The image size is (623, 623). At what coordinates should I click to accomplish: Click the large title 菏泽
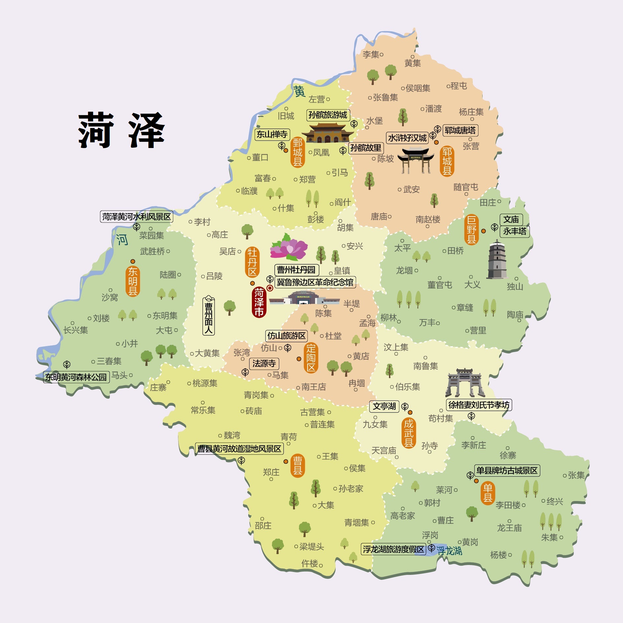tap(121, 130)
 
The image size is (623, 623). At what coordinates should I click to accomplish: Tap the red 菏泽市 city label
tap(259, 302)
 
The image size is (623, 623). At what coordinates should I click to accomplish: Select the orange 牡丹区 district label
tap(252, 262)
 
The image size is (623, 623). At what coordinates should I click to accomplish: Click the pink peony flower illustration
tap(288, 247)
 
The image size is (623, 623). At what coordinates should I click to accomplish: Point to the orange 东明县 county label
tap(133, 281)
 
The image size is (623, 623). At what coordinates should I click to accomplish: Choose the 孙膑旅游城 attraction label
tap(328, 115)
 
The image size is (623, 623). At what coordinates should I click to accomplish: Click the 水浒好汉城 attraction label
tap(407, 138)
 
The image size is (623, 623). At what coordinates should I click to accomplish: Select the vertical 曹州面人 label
tap(209, 316)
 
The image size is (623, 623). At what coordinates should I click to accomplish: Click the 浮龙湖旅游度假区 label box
tap(394, 549)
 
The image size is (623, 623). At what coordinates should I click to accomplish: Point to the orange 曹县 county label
tap(297, 466)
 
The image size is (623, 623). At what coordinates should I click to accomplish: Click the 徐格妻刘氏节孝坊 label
tap(479, 405)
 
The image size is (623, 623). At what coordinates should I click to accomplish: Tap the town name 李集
tap(371, 54)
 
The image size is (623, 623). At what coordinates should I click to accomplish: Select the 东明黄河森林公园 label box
tap(76, 377)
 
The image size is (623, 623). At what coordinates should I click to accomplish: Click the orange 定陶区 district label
tap(311, 358)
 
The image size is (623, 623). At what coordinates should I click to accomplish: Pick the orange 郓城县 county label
tap(447, 161)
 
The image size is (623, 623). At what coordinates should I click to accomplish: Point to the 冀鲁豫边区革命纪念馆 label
tap(315, 282)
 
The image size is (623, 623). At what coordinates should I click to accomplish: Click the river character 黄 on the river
tap(299, 91)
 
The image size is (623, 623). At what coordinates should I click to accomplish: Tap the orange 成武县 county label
tap(409, 433)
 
